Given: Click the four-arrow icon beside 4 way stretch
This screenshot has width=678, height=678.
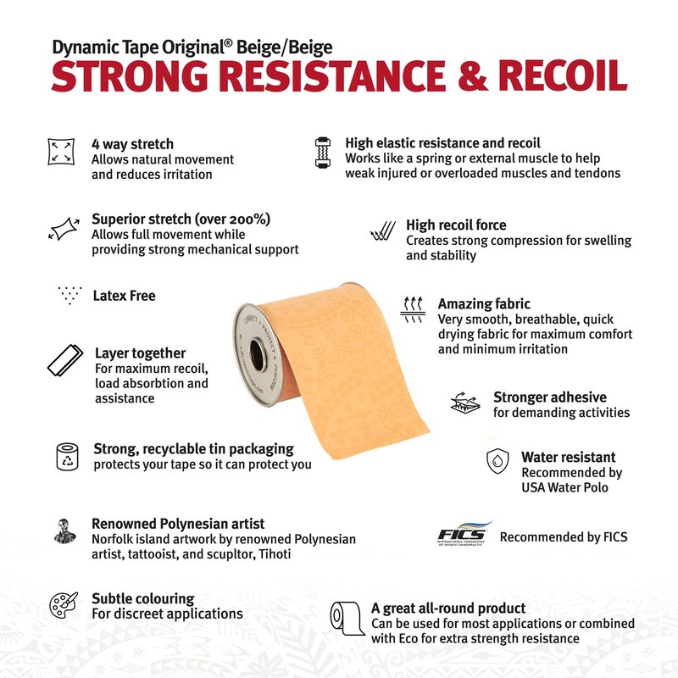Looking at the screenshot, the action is tap(61, 152).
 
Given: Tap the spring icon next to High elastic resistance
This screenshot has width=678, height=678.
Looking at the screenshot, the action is tap(323, 153).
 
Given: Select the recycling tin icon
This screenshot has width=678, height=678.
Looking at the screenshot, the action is tap(68, 457).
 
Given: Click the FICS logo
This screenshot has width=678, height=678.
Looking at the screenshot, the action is tap(464, 535).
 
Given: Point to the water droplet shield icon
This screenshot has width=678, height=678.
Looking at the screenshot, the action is tap(497, 461).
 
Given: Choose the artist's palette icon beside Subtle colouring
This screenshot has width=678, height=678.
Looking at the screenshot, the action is tap(63, 605).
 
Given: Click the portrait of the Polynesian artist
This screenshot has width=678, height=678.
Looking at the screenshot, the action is tap(65, 531).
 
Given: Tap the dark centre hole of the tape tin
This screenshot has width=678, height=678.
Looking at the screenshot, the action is tap(258, 354).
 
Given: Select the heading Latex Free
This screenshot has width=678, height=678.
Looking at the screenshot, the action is tap(124, 296).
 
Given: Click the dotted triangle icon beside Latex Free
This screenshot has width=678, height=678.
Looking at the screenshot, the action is tap(69, 295).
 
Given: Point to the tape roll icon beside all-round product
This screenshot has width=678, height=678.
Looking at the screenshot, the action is tap(347, 619).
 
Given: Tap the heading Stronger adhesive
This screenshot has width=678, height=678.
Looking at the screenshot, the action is tap(549, 397).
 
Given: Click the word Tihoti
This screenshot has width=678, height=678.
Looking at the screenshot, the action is tap(275, 554).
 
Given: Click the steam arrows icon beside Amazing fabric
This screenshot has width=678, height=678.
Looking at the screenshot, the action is tap(413, 309).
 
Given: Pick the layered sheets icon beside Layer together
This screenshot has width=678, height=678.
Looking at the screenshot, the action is tap(65, 361).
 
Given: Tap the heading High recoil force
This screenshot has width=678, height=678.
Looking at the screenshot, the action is tap(456, 225).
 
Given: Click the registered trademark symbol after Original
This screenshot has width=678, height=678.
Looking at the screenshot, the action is tap(228, 43).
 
